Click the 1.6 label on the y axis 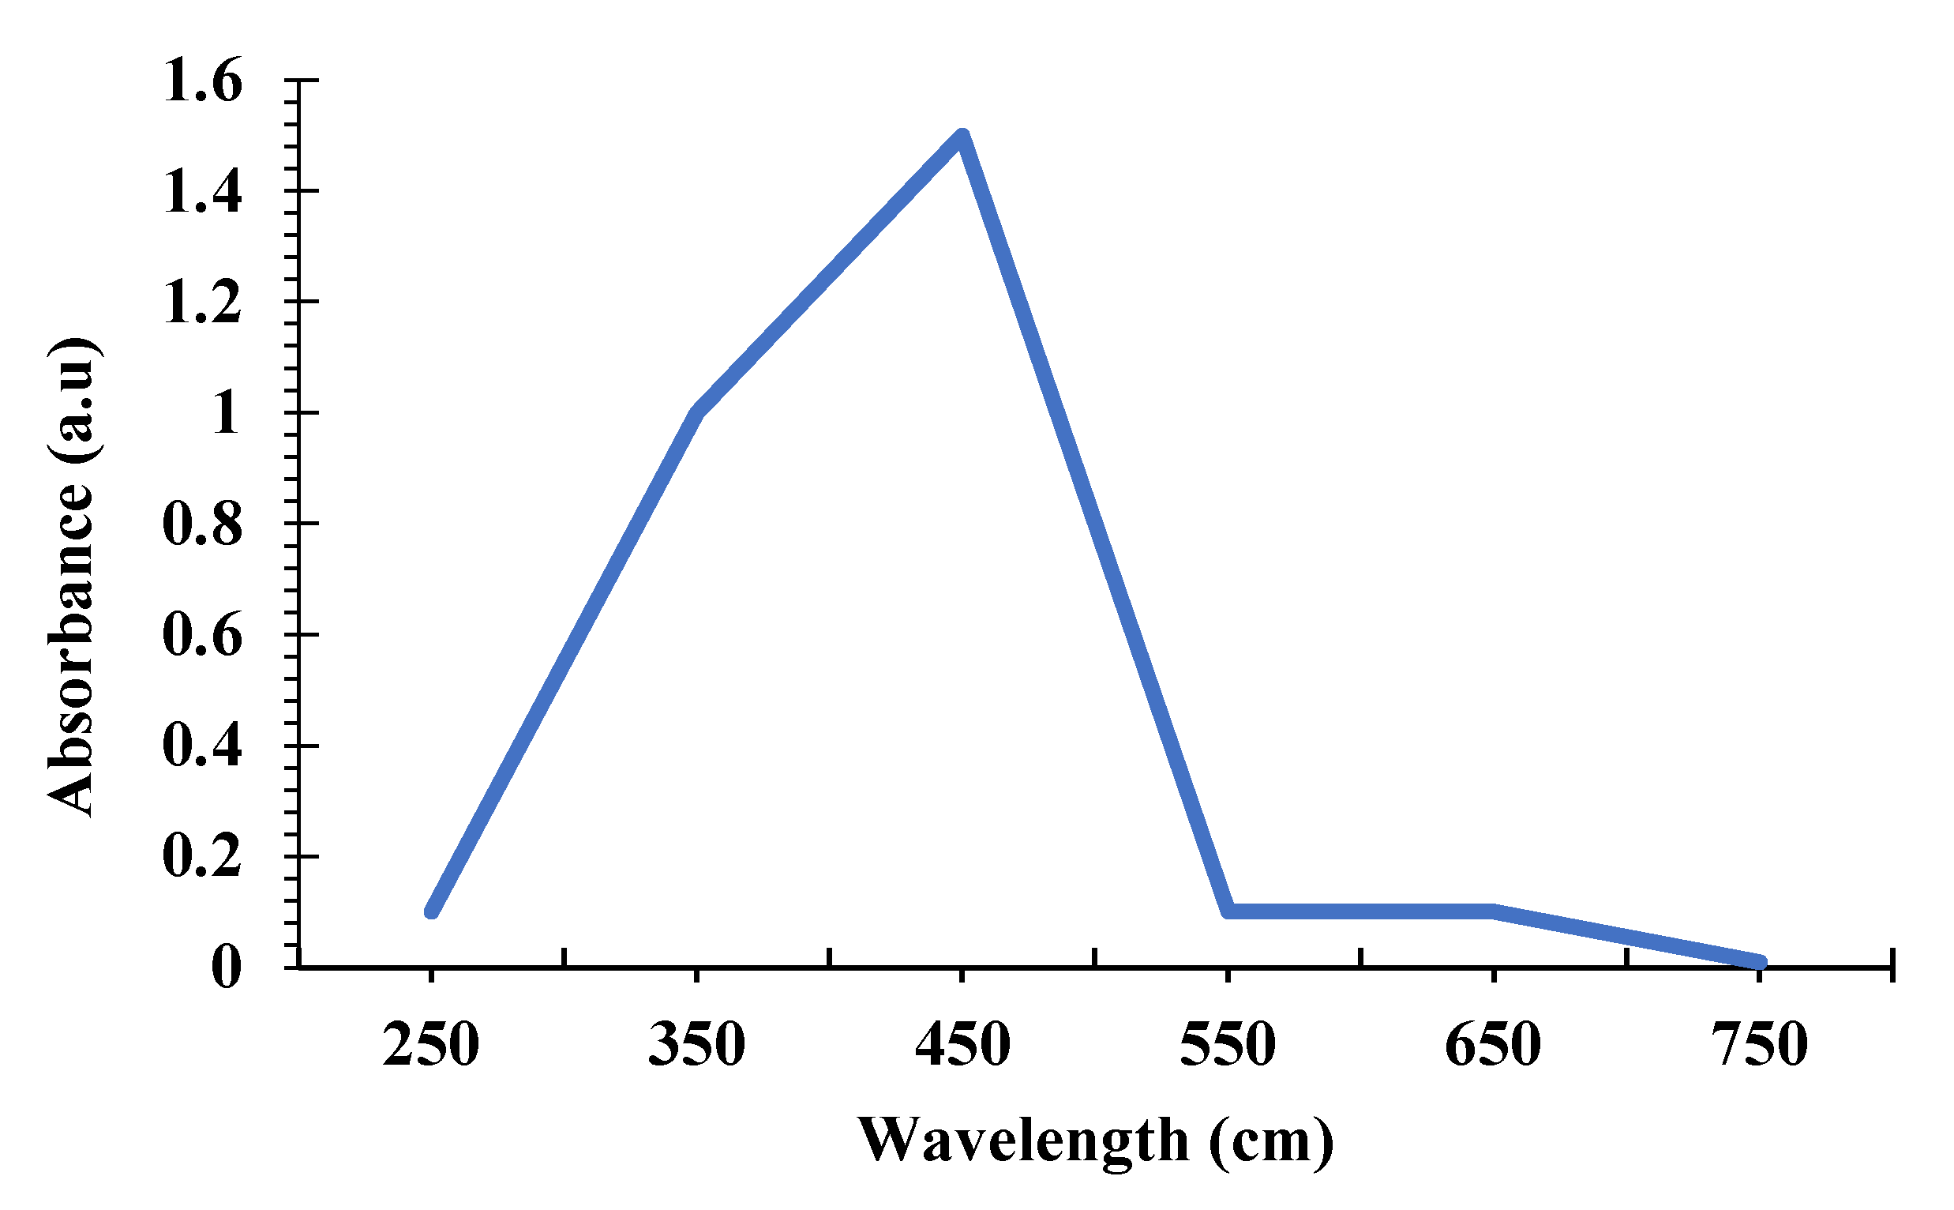pos(201,81)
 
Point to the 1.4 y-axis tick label pos(201,192)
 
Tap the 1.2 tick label pos(201,303)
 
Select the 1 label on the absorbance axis pos(226,414)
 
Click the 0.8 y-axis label pos(201,525)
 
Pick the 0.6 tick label pos(201,637)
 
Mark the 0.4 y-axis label pos(201,746)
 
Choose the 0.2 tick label pos(201,857)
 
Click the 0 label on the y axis pos(226,967)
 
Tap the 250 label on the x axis pos(430,1044)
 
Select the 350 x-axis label pos(696,1044)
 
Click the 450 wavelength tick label pos(962,1044)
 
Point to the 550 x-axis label pos(1228,1044)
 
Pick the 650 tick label pos(1493,1044)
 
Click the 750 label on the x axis pos(1759,1044)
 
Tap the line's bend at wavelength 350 pos(696,413)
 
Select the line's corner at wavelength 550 pos(1228,911)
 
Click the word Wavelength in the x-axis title pos(1024,1140)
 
